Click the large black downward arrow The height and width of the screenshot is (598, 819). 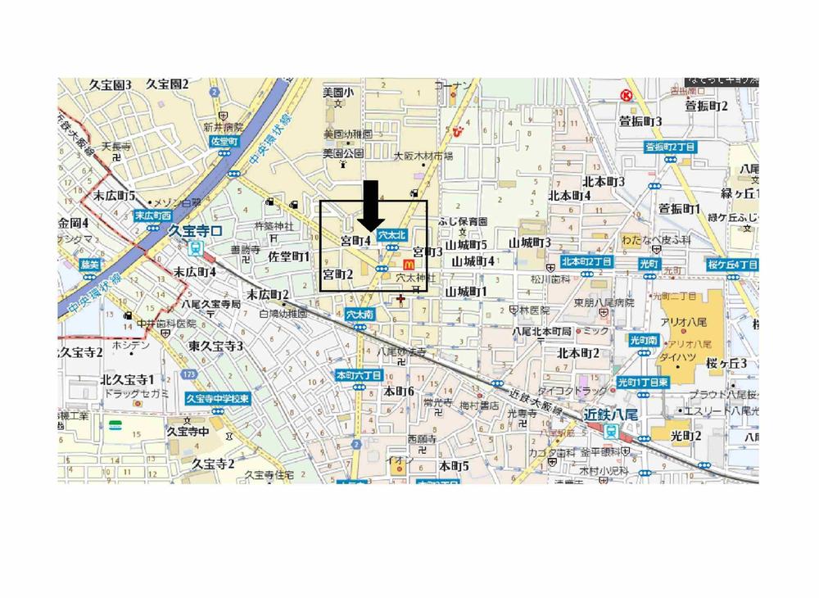[x=371, y=204]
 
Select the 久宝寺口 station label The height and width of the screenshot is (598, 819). [x=194, y=231]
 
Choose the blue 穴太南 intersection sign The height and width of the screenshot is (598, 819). [x=360, y=314]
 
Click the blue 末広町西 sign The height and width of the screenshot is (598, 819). [x=152, y=216]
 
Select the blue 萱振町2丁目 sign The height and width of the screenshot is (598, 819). [x=670, y=147]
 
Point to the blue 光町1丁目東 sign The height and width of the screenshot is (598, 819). [x=642, y=382]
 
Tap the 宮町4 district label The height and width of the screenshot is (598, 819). [x=356, y=241]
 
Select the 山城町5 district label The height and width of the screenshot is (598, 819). [x=468, y=244]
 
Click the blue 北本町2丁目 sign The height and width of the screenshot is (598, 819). [x=586, y=262]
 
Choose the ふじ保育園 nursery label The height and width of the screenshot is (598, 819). [x=462, y=222]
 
